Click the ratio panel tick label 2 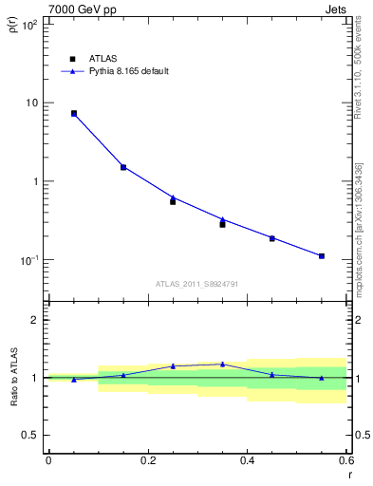pyautogui.click(x=34, y=321)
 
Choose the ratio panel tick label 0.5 pyautogui.click(x=29, y=436)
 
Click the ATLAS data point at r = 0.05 pyautogui.click(x=73, y=113)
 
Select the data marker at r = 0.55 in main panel pyautogui.click(x=322, y=256)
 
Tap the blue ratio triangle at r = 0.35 pyautogui.click(x=222, y=364)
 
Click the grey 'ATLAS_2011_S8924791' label pyautogui.click(x=196, y=284)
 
